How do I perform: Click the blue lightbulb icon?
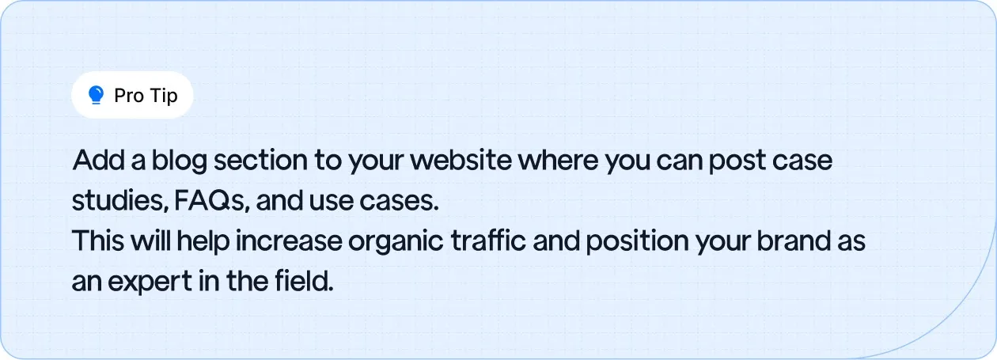[x=97, y=96]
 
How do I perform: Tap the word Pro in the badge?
[x=128, y=96]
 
